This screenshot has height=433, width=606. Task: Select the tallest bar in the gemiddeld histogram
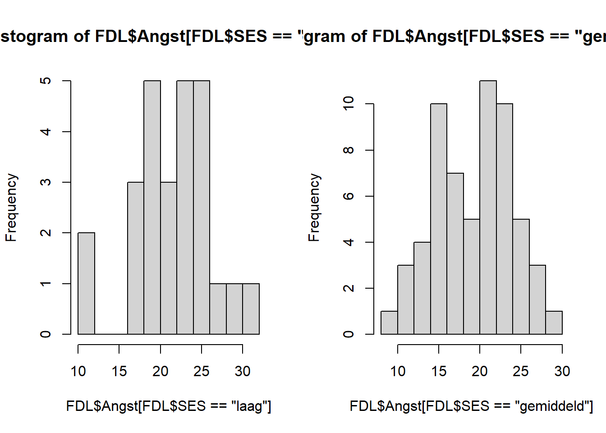[488, 207]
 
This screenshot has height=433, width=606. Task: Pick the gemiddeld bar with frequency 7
[455, 253]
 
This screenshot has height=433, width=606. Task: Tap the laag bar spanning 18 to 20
[152, 207]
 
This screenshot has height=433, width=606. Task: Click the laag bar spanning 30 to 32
[251, 309]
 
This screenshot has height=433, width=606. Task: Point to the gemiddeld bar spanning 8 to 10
[389, 322]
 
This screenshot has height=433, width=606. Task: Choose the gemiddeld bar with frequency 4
[422, 288]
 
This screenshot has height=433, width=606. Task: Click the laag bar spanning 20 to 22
[169, 258]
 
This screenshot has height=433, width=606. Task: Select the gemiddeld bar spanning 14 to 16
[439, 219]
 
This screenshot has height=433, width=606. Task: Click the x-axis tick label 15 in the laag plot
[119, 371]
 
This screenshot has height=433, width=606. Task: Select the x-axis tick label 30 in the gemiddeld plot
[562, 371]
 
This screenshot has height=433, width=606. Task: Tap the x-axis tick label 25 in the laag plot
[201, 371]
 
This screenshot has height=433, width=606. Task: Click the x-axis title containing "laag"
[169, 406]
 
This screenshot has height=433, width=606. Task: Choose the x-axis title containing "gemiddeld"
[471, 406]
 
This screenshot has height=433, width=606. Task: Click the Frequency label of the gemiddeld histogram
[314, 207]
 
